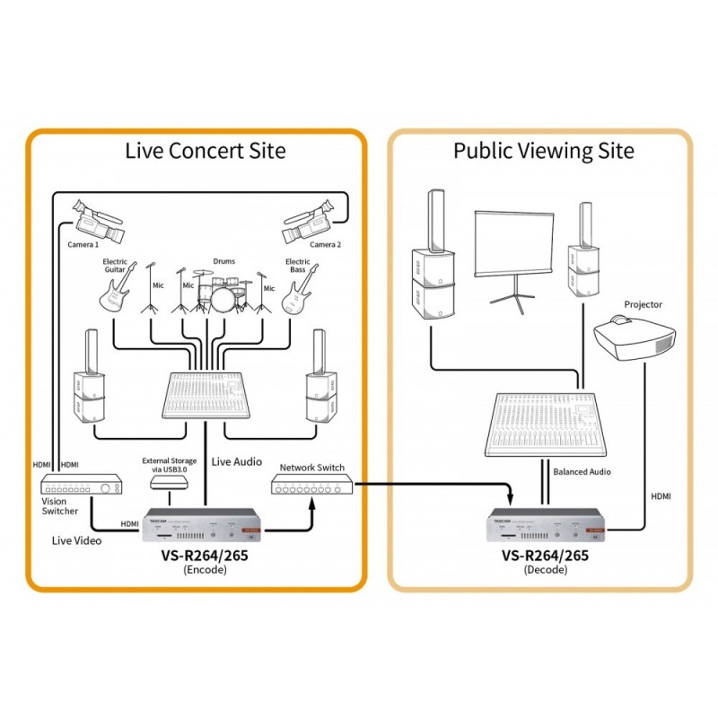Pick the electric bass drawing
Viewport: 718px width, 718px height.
click(x=300, y=289)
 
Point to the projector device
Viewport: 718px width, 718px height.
click(x=635, y=338)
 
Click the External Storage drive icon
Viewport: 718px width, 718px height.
click(x=170, y=482)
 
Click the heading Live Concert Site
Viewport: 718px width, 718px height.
click(x=206, y=150)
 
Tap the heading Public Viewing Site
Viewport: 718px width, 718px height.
click(x=543, y=150)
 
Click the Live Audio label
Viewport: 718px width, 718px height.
click(x=237, y=461)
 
